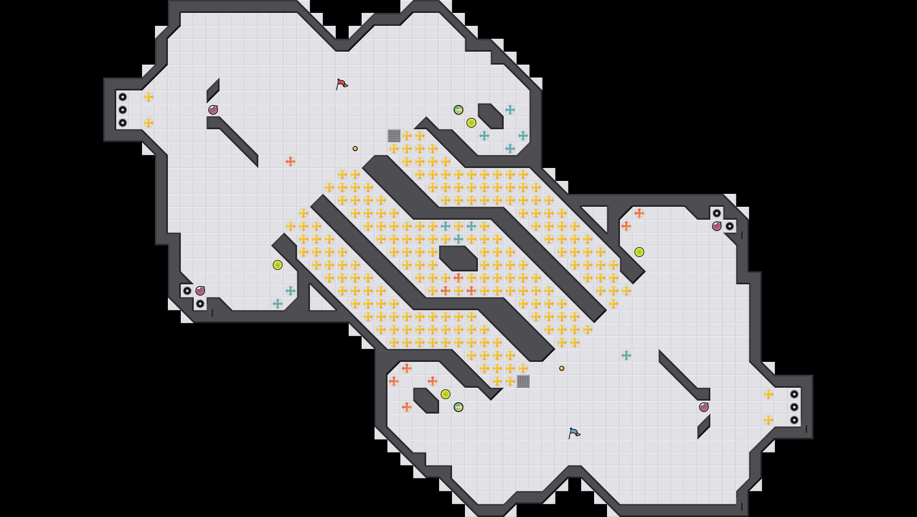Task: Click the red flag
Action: [x=341, y=84]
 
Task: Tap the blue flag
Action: [x=574, y=433]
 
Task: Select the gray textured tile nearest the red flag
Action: [x=394, y=135]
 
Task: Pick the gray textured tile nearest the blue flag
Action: [x=523, y=381]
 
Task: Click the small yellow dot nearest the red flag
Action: [x=355, y=149]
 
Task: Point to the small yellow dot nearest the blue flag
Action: [x=562, y=368]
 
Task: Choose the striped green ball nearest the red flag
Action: [x=458, y=110]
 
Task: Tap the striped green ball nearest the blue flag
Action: [x=458, y=407]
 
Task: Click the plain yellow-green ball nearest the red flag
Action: [x=471, y=122]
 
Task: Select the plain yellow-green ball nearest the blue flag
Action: [x=446, y=394]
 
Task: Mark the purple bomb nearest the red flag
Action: [x=213, y=110]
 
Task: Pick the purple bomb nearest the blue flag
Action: [x=704, y=407]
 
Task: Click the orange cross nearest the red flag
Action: [x=291, y=162]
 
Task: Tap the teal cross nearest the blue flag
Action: [x=626, y=355]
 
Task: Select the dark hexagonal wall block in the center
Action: [x=458, y=258]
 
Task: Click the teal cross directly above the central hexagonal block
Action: [x=458, y=239]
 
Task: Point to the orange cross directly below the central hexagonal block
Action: [x=458, y=277]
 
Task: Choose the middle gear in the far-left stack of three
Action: [x=122, y=110]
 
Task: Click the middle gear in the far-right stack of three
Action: [x=794, y=407]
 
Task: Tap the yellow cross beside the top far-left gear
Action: [x=149, y=97]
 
